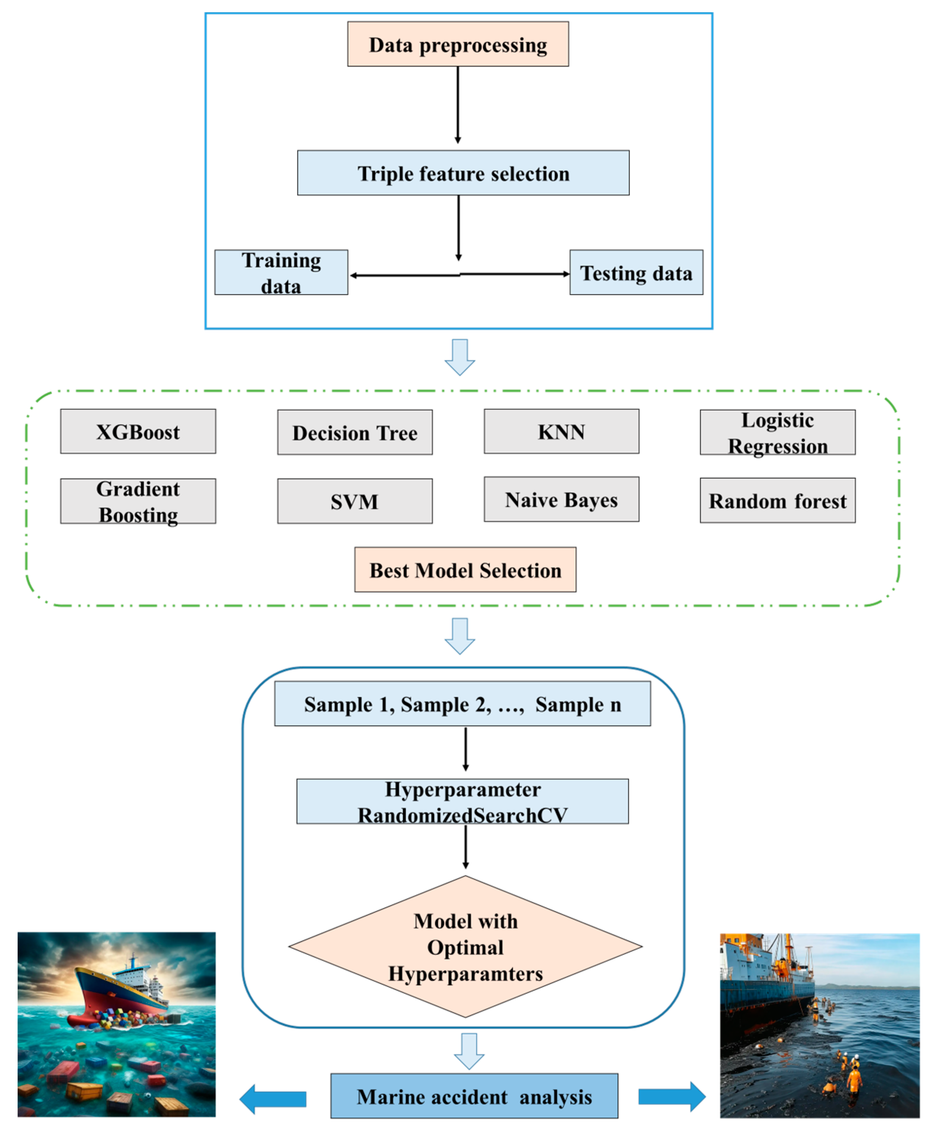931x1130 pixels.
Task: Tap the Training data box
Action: tap(281, 272)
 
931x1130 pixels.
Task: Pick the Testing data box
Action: tap(636, 272)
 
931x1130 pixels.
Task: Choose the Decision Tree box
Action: tap(355, 432)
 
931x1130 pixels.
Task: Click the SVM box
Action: tap(355, 501)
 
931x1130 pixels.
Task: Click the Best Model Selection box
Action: tap(465, 569)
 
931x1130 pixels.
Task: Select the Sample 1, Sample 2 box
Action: tap(462, 703)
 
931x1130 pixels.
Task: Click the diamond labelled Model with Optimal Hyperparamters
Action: tap(465, 947)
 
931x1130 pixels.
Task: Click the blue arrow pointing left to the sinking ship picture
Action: tap(273, 1099)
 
